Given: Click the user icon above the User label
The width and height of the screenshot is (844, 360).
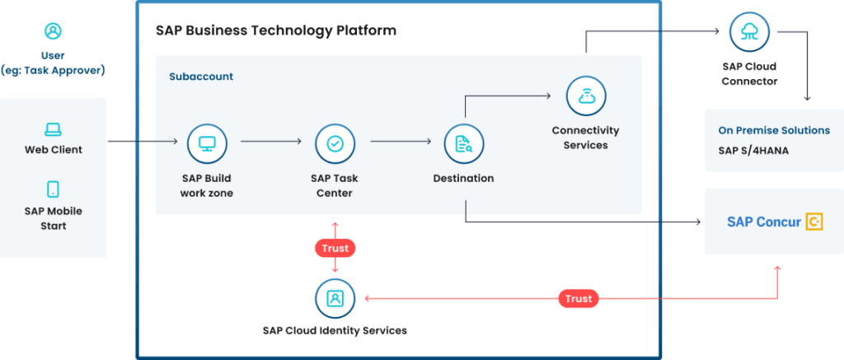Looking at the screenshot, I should coord(53,31).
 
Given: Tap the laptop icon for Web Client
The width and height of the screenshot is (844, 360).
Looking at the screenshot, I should coord(53,129).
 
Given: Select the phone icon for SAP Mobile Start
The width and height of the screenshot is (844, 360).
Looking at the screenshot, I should coord(53,189).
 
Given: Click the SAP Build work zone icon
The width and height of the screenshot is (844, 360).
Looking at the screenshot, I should coord(207,143).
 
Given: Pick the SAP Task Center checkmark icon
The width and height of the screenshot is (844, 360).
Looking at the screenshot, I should coord(335,143).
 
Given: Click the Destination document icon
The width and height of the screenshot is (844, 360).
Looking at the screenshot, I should coord(463,144).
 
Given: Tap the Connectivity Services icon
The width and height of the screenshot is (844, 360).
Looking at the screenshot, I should coord(585,96).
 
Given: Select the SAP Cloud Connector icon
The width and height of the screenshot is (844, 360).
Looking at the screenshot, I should coord(749,33).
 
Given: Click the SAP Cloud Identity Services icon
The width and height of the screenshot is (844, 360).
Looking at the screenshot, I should coord(335,298).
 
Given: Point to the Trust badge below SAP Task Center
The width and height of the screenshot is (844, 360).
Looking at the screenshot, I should coord(335,247).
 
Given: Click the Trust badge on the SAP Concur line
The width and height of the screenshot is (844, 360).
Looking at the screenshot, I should coord(579,298).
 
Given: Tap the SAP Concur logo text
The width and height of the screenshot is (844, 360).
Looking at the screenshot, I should coord(763,222).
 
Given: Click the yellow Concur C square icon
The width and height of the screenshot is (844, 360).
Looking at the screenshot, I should coord(814,222).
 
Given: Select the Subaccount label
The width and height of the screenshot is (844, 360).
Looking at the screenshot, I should coord(201,77).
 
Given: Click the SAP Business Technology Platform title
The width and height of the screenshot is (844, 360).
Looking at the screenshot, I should coord(275,30).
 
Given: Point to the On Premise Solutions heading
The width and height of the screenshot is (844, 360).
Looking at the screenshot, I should coord(774,130).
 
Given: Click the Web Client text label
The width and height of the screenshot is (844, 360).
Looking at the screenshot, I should coord(53,150).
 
